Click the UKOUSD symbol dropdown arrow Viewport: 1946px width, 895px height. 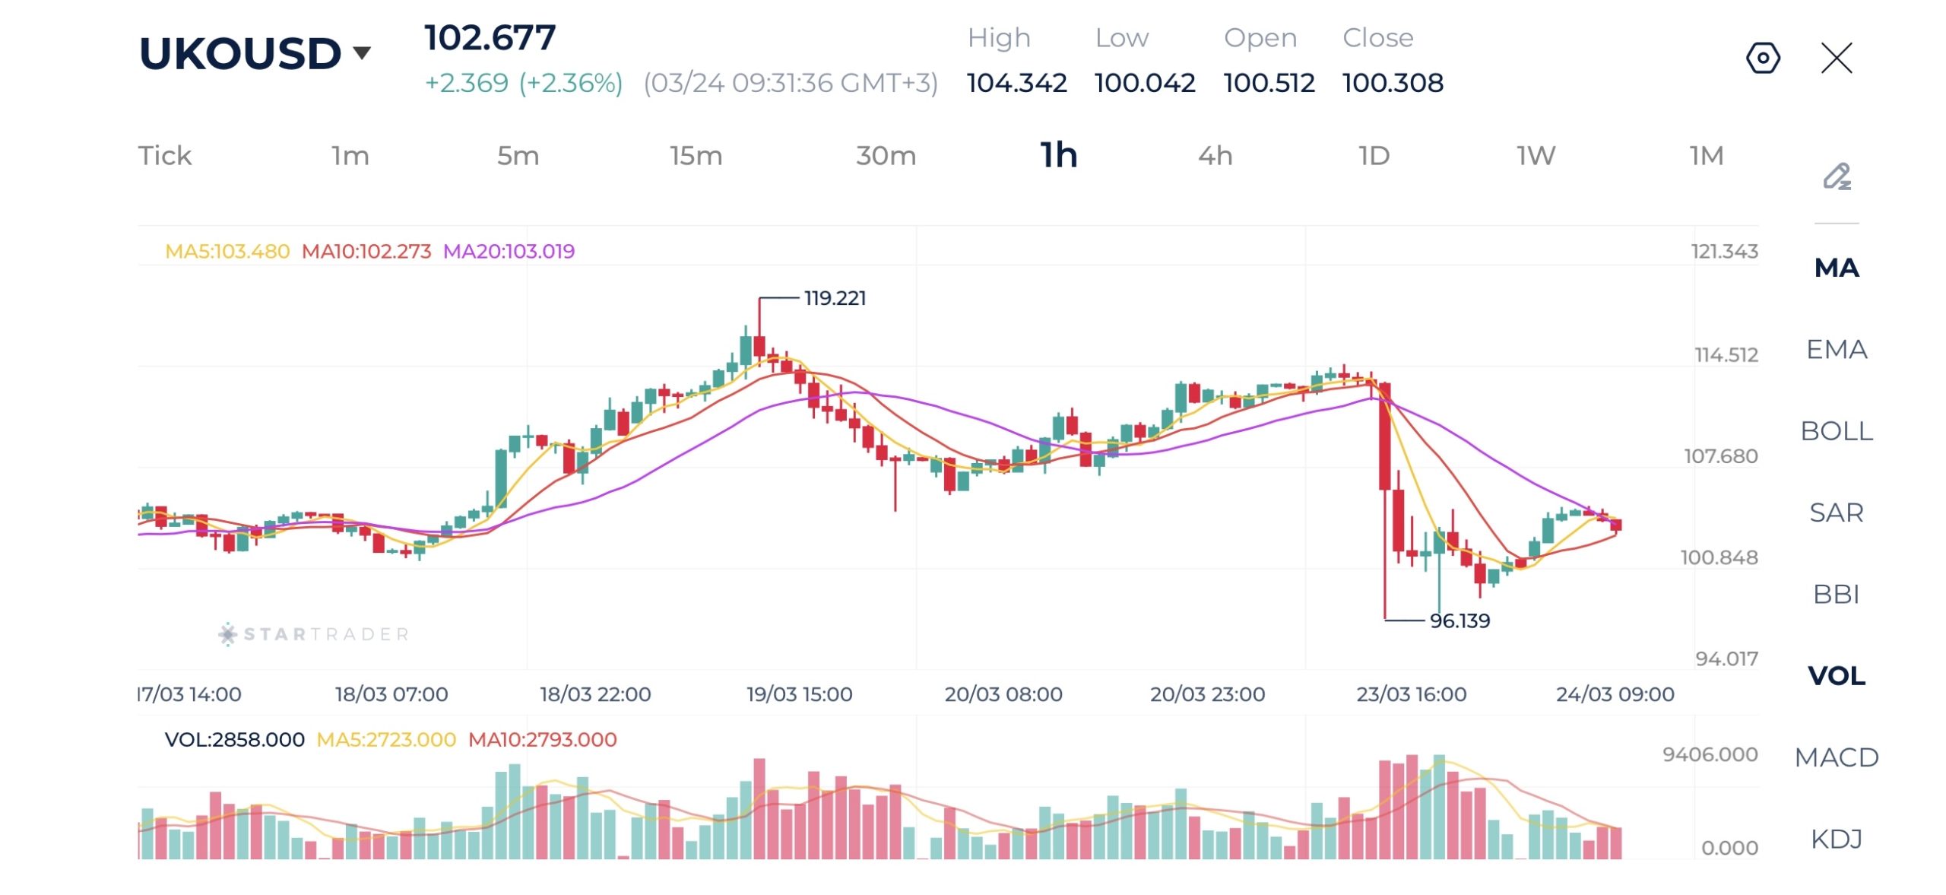pos(362,52)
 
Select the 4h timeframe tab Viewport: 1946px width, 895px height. pos(1215,156)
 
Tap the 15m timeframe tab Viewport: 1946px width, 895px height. pos(696,156)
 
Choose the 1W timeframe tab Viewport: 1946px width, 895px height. pos(1536,156)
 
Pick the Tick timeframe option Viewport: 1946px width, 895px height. pos(164,156)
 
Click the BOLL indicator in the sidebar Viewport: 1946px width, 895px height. pos(1836,431)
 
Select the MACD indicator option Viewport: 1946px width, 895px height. pos(1836,757)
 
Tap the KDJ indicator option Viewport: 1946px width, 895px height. pos(1836,839)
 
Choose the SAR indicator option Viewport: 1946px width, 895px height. pos(1836,513)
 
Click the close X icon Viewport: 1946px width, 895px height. pos(1837,58)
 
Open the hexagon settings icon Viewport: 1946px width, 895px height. pos(1763,58)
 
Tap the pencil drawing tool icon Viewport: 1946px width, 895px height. pos(1837,176)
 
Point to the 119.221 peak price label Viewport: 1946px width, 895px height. pos(835,298)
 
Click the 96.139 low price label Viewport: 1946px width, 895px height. pos(1459,620)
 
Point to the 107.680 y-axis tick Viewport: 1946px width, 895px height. pos(1721,456)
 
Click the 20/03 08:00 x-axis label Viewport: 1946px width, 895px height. pos(1003,694)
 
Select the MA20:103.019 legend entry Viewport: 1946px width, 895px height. pos(509,251)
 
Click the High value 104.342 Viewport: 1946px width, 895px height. pos(1016,83)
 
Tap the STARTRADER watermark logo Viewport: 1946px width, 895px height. pos(314,634)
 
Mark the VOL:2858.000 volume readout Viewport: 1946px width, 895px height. pos(234,739)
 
